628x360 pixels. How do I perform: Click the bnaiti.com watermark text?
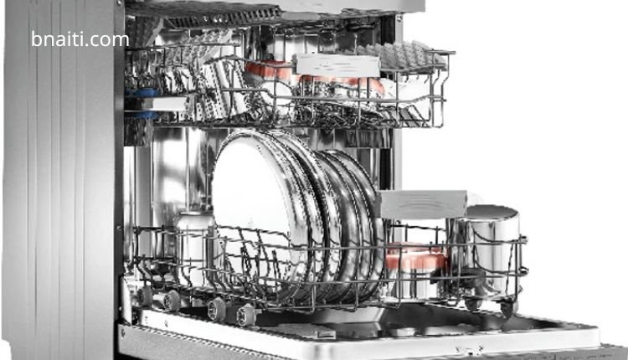tap(80, 39)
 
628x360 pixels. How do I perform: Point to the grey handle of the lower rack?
tap(423, 204)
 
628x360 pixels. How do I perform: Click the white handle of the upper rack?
tap(337, 65)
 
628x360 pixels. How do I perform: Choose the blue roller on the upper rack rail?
tap(142, 104)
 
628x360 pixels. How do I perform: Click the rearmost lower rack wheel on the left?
tap(145, 296)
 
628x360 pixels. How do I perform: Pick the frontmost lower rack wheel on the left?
tap(246, 315)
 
